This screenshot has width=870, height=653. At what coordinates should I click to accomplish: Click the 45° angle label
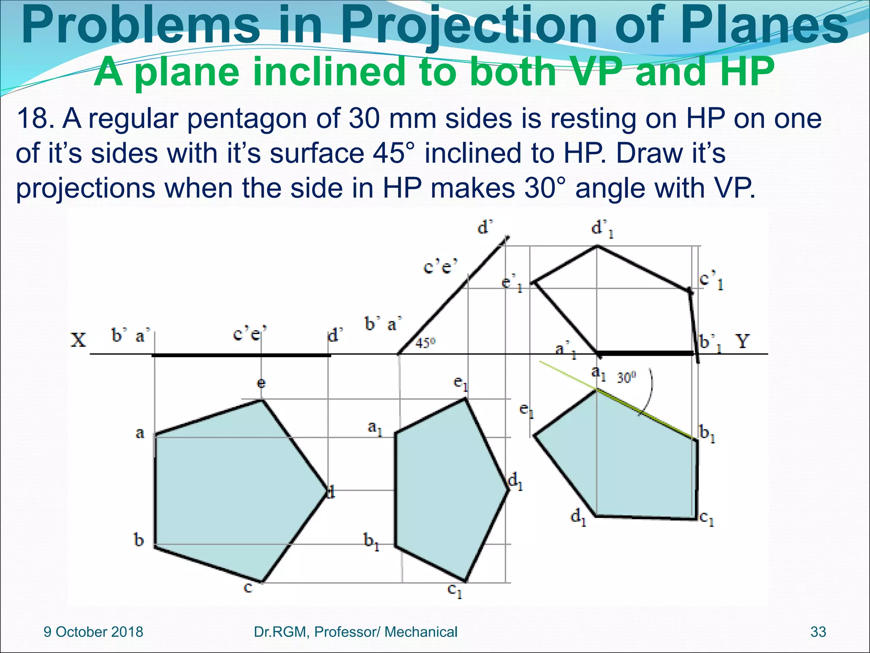coord(425,343)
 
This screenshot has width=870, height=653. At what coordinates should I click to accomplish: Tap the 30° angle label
coord(626,377)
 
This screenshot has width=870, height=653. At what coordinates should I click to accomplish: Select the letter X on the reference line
coord(78,340)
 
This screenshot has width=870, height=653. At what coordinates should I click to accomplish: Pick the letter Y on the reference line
coord(742,341)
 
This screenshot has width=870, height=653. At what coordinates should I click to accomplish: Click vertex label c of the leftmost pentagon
coord(248,588)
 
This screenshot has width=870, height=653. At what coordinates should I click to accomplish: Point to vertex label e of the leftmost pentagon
coord(261,383)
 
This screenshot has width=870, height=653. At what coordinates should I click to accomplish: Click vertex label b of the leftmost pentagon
coord(139,540)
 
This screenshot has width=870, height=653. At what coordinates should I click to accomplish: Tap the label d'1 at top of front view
coord(602,229)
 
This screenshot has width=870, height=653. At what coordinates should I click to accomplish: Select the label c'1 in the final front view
coord(711,281)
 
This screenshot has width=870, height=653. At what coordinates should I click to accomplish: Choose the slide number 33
coord(818,632)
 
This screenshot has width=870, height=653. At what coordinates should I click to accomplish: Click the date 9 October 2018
coord(93,632)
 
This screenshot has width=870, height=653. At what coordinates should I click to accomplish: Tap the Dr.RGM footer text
coord(355,632)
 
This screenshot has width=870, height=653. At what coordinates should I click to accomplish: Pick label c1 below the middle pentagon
coord(455,591)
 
